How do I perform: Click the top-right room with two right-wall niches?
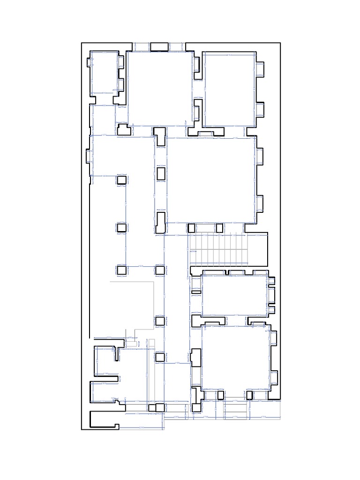click(x=229, y=89)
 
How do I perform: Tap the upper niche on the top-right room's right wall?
click(x=261, y=69)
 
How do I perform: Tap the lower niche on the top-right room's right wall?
click(x=261, y=110)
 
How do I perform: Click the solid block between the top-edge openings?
click(x=159, y=46)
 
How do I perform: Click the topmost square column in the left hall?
click(x=122, y=180)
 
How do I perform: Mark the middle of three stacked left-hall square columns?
click(x=122, y=228)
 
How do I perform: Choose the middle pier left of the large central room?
click(x=161, y=173)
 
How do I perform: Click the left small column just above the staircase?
click(x=191, y=228)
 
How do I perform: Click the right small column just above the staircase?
click(x=219, y=228)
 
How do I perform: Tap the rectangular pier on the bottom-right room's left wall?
click(x=195, y=357)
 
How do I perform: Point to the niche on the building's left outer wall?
click(x=88, y=156)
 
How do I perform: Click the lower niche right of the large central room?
click(x=260, y=203)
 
